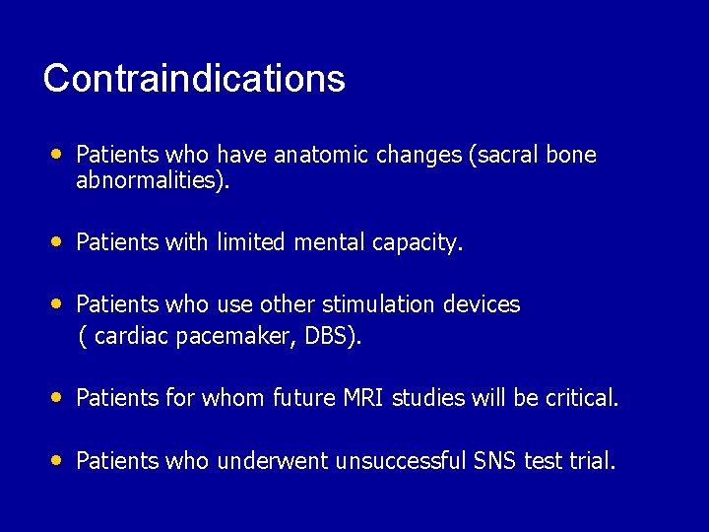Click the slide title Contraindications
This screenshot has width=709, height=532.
tap(194, 79)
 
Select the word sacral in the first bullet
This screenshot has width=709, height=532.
tap(503, 156)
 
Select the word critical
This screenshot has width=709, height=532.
tap(580, 398)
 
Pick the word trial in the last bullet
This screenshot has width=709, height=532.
tap(593, 460)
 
